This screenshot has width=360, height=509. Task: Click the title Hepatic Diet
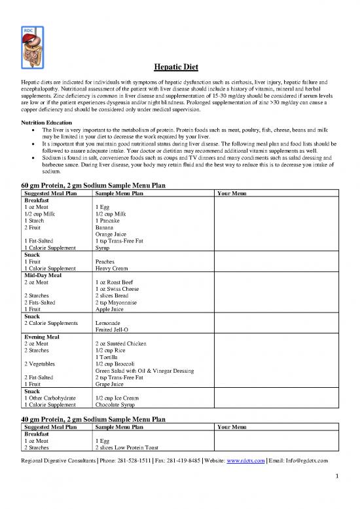[x=180, y=67]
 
